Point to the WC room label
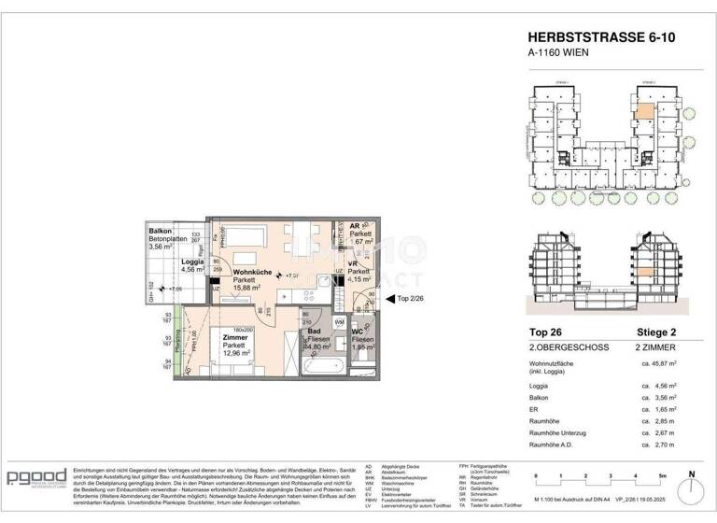click(358, 332)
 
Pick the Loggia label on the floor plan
click(192, 261)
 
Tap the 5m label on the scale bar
click(663, 475)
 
